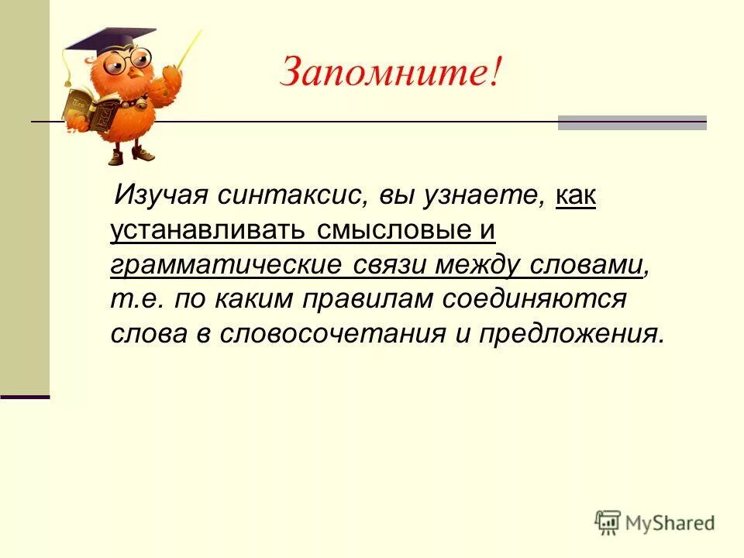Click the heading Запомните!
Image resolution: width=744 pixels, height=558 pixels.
point(391,72)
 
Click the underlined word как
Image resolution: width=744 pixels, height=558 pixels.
point(576,195)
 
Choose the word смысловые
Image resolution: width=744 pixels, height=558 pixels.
point(393,230)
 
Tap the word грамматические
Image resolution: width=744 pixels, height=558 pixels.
point(226,265)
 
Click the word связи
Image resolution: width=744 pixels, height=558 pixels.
point(390,265)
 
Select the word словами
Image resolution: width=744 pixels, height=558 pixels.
point(586,265)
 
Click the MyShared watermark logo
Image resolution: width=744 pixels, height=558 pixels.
point(655,522)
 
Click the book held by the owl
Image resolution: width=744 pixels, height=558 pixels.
point(86,108)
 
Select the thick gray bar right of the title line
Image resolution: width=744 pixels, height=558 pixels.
point(632,122)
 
